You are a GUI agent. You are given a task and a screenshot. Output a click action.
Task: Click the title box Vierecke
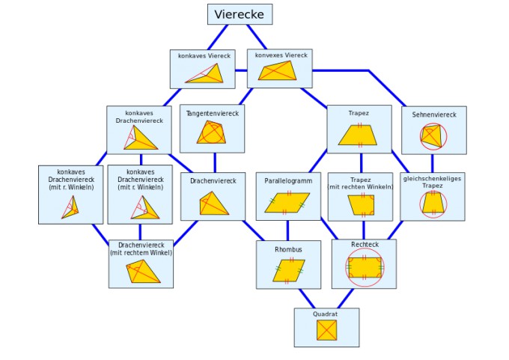(240, 14)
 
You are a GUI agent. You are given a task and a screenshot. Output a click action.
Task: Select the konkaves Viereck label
(204, 56)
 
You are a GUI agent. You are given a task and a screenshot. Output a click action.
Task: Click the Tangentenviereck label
(213, 113)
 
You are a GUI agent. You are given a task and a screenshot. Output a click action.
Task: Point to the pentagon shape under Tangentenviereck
(211, 132)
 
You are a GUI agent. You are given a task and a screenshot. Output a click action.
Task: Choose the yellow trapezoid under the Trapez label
(359, 135)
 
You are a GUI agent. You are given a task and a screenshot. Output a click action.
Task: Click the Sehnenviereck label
(433, 115)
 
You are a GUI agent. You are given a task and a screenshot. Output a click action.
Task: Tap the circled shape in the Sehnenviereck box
(433, 136)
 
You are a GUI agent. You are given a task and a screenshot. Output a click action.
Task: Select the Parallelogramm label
(287, 180)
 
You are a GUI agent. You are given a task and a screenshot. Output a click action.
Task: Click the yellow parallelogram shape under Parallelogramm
(287, 202)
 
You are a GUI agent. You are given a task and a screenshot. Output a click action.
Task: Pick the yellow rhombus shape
(288, 270)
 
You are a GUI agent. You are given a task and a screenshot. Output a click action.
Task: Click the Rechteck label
(365, 245)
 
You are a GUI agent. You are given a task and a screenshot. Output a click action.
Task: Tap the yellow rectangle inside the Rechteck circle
(365, 267)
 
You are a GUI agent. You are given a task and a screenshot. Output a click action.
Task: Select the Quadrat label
(326, 314)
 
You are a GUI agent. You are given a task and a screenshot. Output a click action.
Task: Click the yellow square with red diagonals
(326, 331)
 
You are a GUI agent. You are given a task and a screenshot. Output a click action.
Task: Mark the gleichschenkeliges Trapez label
(432, 182)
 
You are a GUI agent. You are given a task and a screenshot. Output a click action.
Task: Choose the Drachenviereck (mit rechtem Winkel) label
(141, 248)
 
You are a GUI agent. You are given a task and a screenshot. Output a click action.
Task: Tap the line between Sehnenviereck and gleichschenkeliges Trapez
(433, 163)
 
